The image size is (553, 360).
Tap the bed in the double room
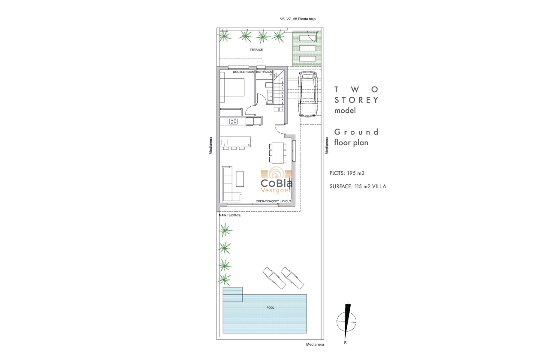(x=232, y=90)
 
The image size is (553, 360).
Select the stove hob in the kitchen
(x=234, y=121)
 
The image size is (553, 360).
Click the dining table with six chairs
(x=277, y=153)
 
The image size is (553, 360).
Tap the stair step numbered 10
(x=282, y=78)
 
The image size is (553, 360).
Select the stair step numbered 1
(x=282, y=110)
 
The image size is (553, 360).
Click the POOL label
(x=270, y=307)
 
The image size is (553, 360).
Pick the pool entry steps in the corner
(x=233, y=294)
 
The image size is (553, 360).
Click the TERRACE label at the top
(x=256, y=50)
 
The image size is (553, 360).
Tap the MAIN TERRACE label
(x=230, y=215)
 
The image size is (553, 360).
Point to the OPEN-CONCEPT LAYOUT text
(x=273, y=201)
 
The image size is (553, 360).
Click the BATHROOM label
(x=264, y=72)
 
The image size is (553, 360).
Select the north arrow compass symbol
(x=346, y=321)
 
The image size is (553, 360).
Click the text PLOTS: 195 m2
(x=347, y=173)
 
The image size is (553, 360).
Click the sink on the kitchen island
(x=224, y=142)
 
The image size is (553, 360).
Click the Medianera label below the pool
(x=315, y=345)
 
